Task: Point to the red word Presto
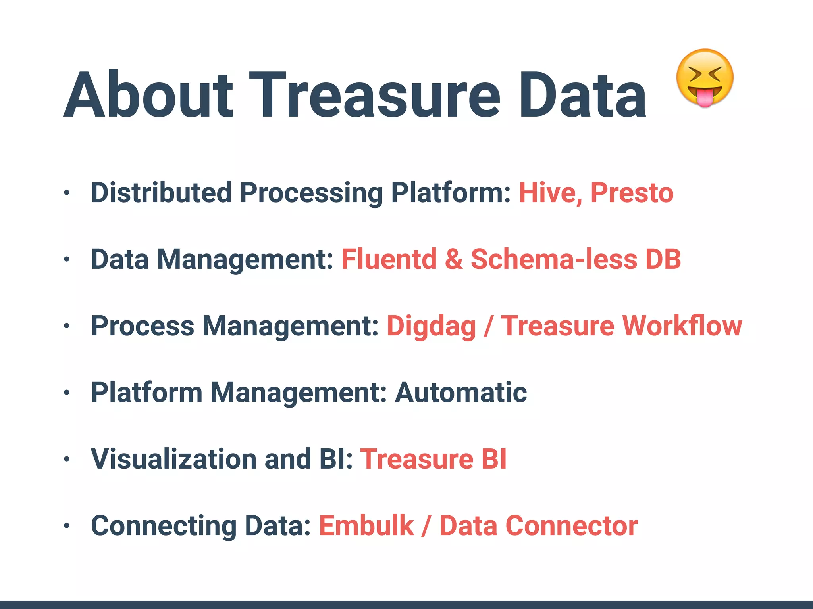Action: point(632,193)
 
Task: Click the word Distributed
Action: point(161,193)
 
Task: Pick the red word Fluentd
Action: point(389,259)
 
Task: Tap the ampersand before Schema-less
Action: point(454,259)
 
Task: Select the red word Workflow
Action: point(682,326)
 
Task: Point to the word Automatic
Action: point(460,393)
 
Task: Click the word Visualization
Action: point(173,459)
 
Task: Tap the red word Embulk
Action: point(366,526)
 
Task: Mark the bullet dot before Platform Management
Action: point(67,393)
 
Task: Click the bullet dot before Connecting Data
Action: point(67,526)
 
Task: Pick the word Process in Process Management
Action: point(143,326)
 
